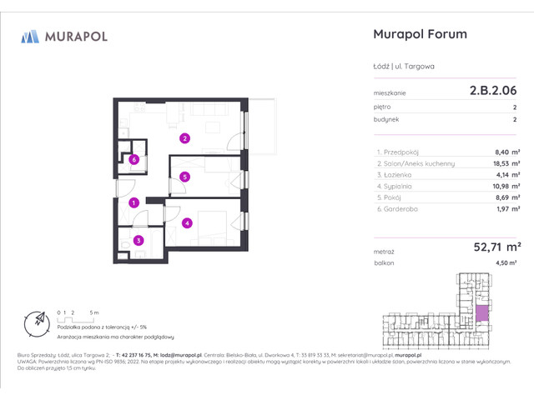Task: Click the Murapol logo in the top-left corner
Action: [x=64, y=36]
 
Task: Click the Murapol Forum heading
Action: [x=417, y=34]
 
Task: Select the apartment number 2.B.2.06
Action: [x=492, y=92]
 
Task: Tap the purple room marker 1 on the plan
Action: [x=133, y=202]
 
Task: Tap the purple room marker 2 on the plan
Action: [x=185, y=138]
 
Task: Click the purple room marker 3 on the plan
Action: [x=139, y=241]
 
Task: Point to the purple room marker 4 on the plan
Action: [x=188, y=222]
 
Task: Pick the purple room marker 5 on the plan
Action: [x=184, y=176]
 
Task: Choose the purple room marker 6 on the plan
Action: [x=133, y=159]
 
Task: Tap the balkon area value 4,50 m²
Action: [x=506, y=262]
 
